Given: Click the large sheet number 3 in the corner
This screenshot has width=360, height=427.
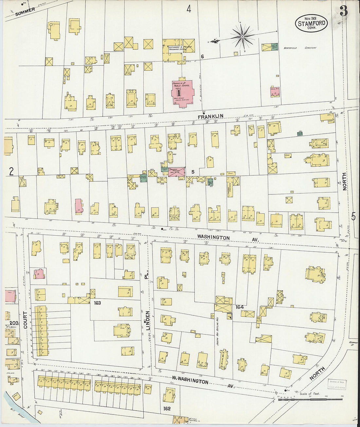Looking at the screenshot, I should click(343, 11).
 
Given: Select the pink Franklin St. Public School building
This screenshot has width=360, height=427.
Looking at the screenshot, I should click(183, 92).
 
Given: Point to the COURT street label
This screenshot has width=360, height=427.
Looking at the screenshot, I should click(26, 320).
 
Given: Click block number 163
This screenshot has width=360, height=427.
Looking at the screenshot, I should click(97, 303).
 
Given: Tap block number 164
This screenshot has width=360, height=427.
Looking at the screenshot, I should click(240, 307).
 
